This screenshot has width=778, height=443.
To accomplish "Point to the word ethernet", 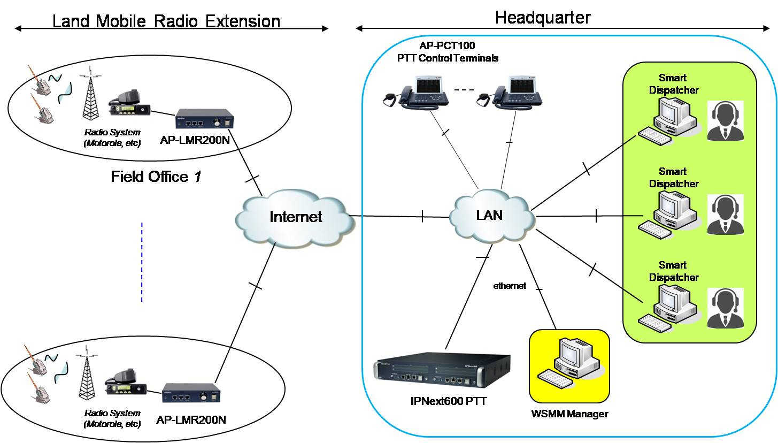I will pos(510,286).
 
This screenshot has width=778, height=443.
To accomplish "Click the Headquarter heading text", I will pos(542,17).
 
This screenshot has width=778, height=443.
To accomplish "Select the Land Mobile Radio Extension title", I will pos(166,21).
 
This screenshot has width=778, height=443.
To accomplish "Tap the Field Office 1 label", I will pos(156,177).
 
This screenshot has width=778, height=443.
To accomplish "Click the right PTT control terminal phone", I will pos(517,91).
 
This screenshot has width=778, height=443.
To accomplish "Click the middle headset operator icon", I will pos(725,214).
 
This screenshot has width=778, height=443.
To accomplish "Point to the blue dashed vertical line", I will pos(142,262).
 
